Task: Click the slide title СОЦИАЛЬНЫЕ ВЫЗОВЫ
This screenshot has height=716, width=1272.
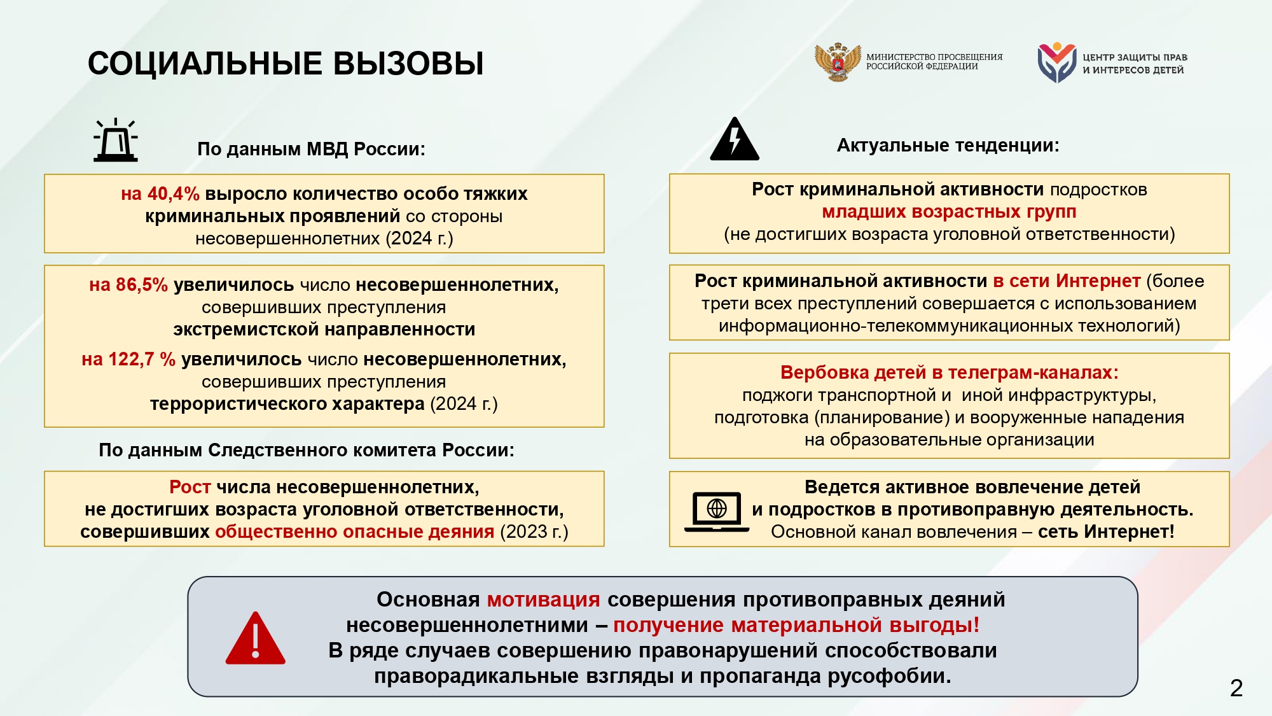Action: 286,64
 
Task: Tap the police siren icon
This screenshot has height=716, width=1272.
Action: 116,141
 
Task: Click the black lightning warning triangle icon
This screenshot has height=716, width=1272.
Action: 735,139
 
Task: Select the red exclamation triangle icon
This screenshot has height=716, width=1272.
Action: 255,639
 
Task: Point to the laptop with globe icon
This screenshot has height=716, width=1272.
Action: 717,511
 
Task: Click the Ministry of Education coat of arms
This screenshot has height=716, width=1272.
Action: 838,62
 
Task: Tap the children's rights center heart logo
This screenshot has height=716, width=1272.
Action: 1056,62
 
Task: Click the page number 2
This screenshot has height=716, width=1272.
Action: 1236,688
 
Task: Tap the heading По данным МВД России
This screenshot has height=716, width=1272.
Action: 311,149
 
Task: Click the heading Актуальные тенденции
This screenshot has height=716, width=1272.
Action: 948,145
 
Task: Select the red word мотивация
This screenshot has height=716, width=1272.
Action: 543,600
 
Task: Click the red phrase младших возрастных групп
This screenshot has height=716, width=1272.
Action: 949,211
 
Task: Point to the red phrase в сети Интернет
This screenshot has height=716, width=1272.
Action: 1067,281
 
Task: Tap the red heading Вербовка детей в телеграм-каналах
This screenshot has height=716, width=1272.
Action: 949,372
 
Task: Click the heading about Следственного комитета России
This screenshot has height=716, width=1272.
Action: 307,450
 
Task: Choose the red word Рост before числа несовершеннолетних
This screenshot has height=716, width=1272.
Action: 190,487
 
